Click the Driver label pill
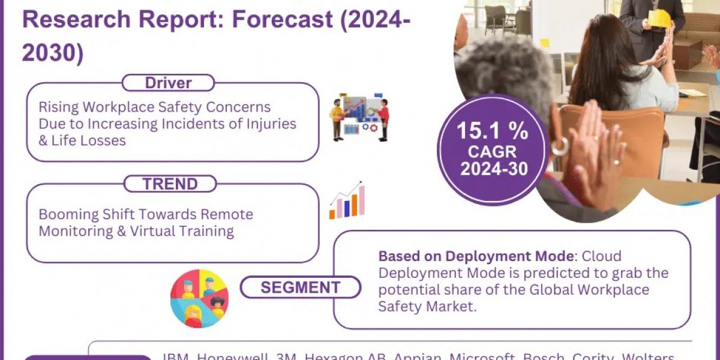pyautogui.click(x=168, y=83)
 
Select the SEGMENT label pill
pyautogui.click(x=301, y=287)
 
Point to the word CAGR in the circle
pyautogui.click(x=493, y=151)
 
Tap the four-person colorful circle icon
pyautogui.click(x=199, y=298)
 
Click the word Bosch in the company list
pyautogui.click(x=544, y=356)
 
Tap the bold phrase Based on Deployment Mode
pyautogui.click(x=476, y=256)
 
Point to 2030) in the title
pyautogui.click(x=53, y=52)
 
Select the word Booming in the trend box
pyautogui.click(x=65, y=214)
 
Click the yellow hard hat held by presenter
pyautogui.click(x=660, y=18)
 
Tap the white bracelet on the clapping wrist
pyautogui.click(x=560, y=146)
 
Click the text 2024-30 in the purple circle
pyautogui.click(x=494, y=169)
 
